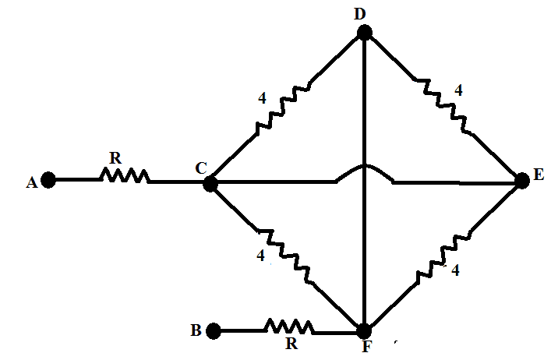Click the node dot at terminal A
coord(48,180)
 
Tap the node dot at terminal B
coord(213,331)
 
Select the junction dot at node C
coord(210,184)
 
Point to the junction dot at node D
coord(365,32)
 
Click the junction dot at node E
coord(522,181)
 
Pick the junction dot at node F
coord(364,331)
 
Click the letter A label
coord(32,182)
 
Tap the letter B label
coord(196,330)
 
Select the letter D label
coord(359,14)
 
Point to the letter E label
coord(539,175)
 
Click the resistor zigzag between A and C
coord(125,175)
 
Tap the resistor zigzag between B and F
coord(289,326)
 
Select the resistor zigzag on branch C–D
coord(283,108)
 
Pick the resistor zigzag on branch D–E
coord(443,105)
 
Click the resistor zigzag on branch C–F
coord(284,256)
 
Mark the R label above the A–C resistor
coord(115,158)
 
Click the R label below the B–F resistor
coord(291,344)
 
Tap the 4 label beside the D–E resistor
coord(458,90)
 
